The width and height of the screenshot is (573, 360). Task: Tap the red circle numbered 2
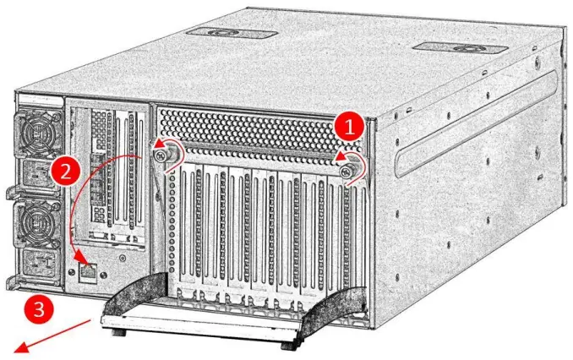coord(64,172)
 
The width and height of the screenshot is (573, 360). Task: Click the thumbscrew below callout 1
coord(349,172)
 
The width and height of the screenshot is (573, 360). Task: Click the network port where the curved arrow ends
coord(89,271)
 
